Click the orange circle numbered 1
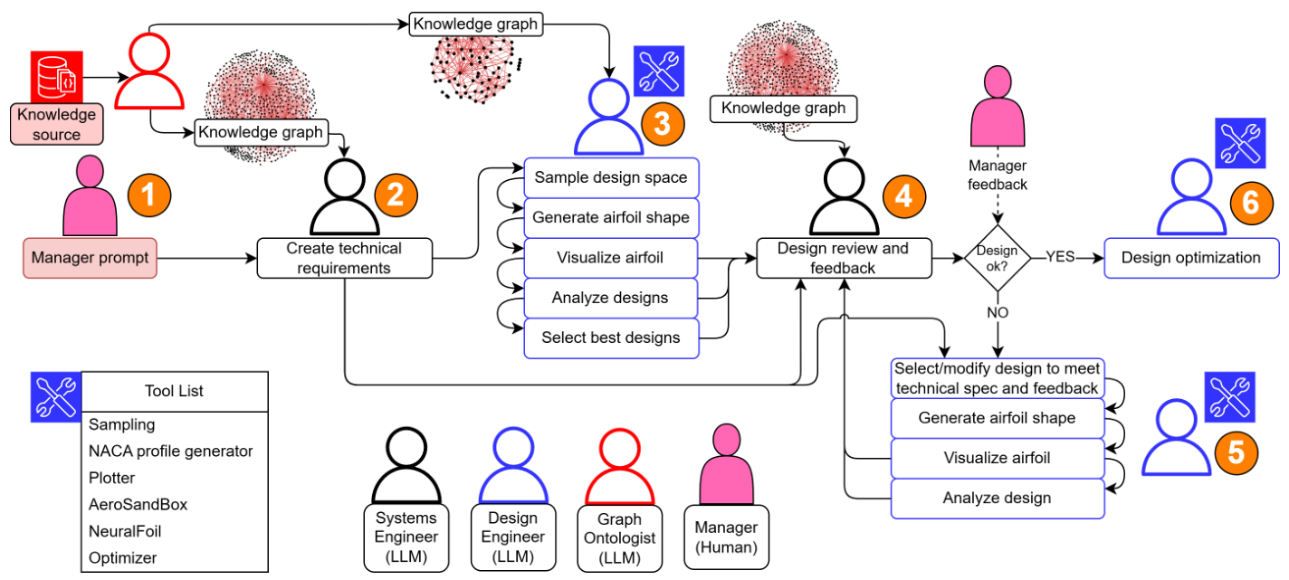tap(148, 193)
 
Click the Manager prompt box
tap(91, 258)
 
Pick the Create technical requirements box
tap(344, 258)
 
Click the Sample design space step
tap(611, 177)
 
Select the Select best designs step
tap(611, 338)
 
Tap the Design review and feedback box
tap(844, 258)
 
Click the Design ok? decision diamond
tap(998, 258)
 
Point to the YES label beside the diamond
tap(1060, 257)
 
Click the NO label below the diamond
tap(998, 312)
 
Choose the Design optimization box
tap(1190, 258)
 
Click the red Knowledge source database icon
tap(55, 77)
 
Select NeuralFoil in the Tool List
tap(125, 531)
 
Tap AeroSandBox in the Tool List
tap(138, 504)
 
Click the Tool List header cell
tap(174, 391)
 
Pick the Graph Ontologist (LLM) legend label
tap(619, 537)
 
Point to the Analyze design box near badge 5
tap(997, 498)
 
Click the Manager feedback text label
tap(998, 176)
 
